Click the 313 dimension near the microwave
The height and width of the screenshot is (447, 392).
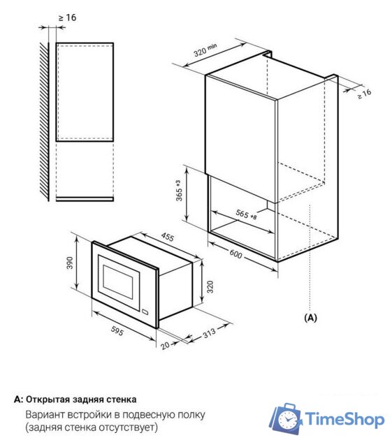206,335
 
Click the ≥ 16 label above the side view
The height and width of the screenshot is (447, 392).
68,17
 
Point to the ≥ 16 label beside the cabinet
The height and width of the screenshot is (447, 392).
365,93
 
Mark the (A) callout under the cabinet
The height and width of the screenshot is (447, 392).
310,316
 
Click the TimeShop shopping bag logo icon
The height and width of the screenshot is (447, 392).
286,419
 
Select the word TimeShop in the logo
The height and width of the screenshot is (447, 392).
345,420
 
